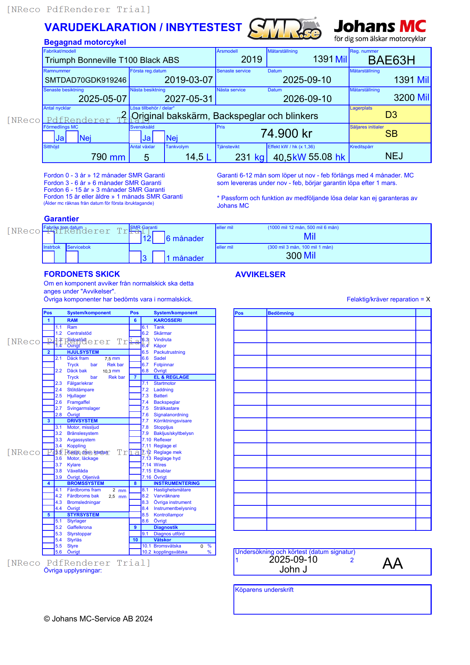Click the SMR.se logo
pos(285,29)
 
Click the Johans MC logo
pos(380,30)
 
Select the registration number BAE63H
pos(391,60)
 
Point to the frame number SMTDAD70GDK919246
pos(86,80)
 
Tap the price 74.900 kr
pos(286,133)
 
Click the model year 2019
pos(251,60)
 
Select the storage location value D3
pos(391,115)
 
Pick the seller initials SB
pos(391,134)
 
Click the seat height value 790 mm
pos(108,157)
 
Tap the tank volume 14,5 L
pos(198,157)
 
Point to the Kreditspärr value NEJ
pos(394,156)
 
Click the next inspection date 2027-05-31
pos(188,99)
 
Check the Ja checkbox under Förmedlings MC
pos(49,137)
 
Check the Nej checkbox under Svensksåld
pos(159,137)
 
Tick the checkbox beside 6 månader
pos(159,237)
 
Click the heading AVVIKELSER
pos(260,274)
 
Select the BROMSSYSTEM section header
pos(85,483)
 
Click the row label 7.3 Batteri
pos(160,396)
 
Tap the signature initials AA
pos(392,563)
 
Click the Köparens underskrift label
pos(264,590)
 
